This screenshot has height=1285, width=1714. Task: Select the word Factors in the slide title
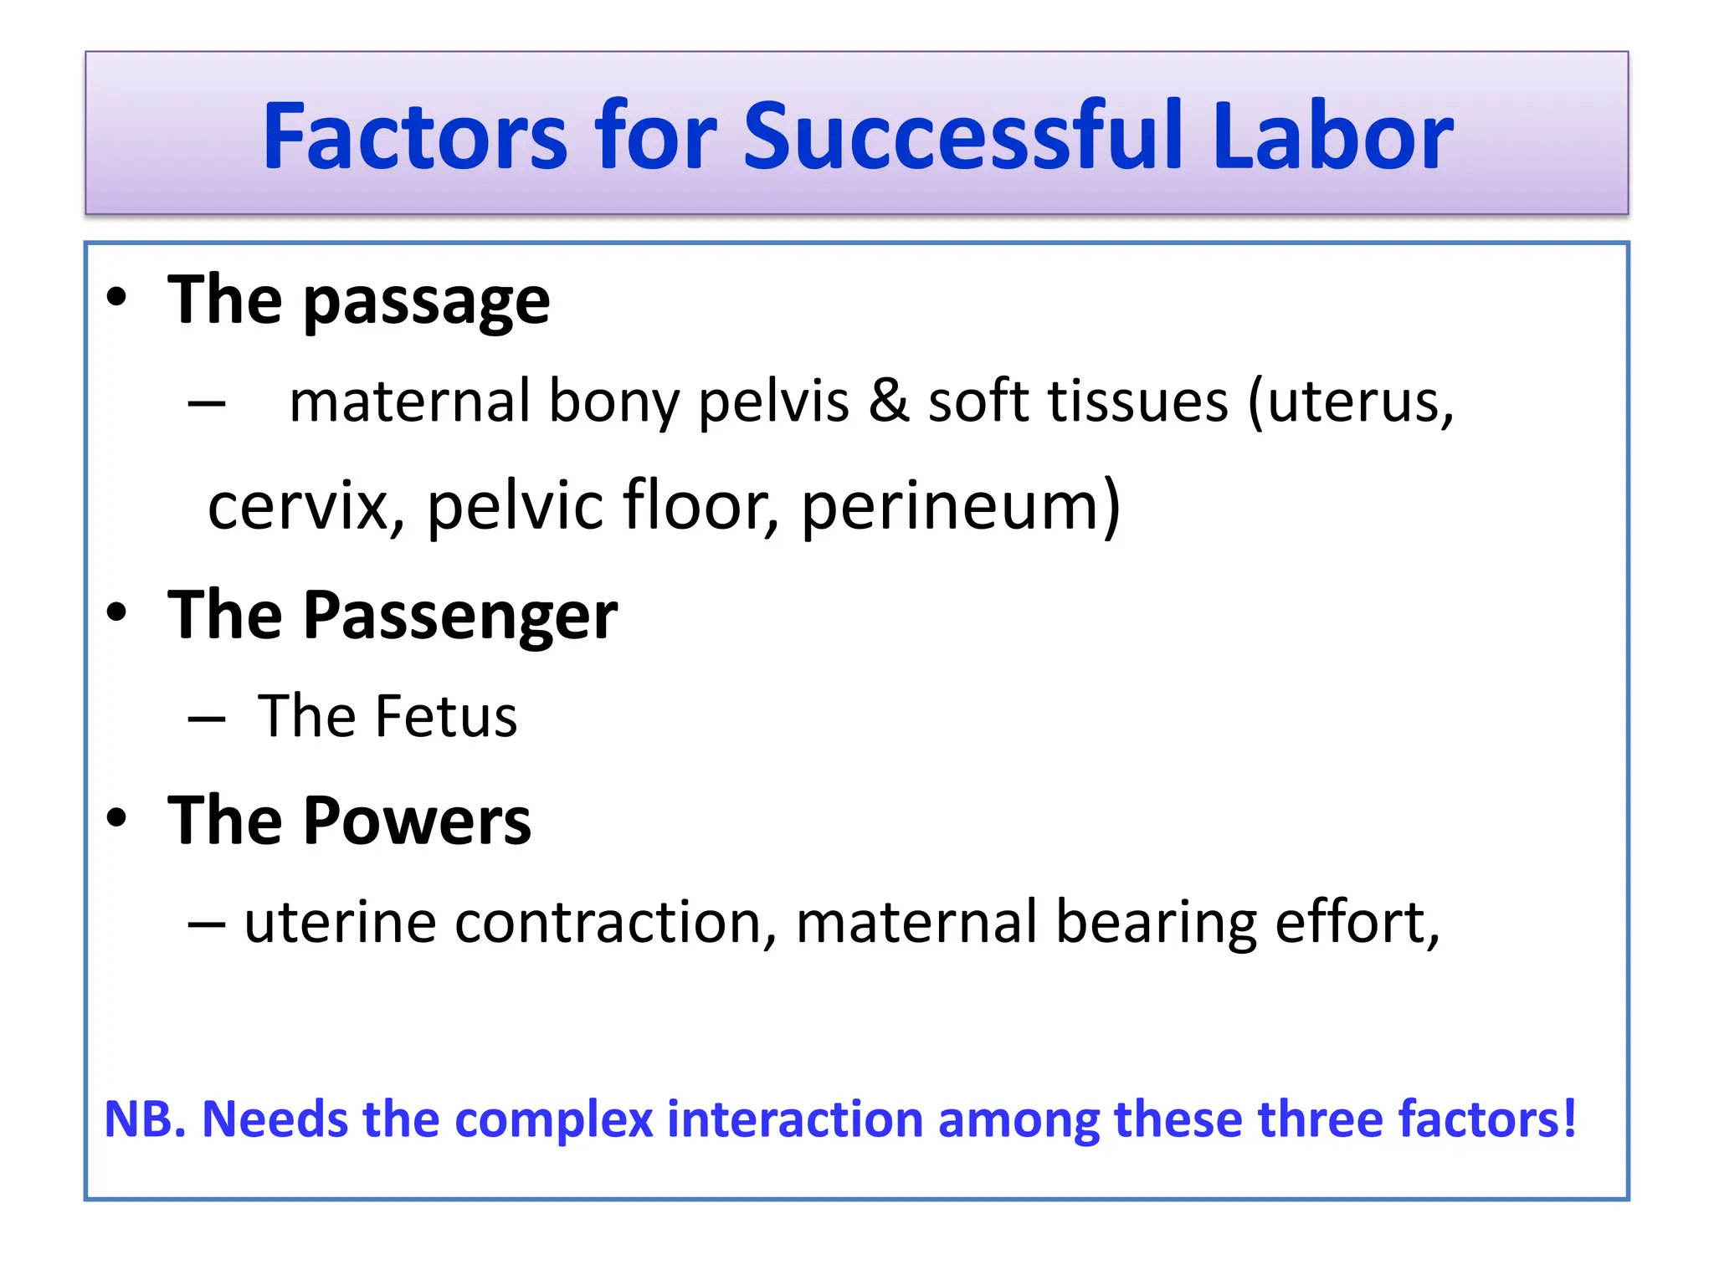tap(415, 136)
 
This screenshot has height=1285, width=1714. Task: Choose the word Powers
tap(417, 821)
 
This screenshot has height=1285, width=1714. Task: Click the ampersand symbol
tap(888, 402)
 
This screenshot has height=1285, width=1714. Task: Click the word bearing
tap(1156, 924)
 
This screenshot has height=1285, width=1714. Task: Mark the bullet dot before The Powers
tap(116, 817)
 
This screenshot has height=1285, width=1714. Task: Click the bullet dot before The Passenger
tap(116, 612)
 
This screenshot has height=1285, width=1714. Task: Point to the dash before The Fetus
tap(207, 719)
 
